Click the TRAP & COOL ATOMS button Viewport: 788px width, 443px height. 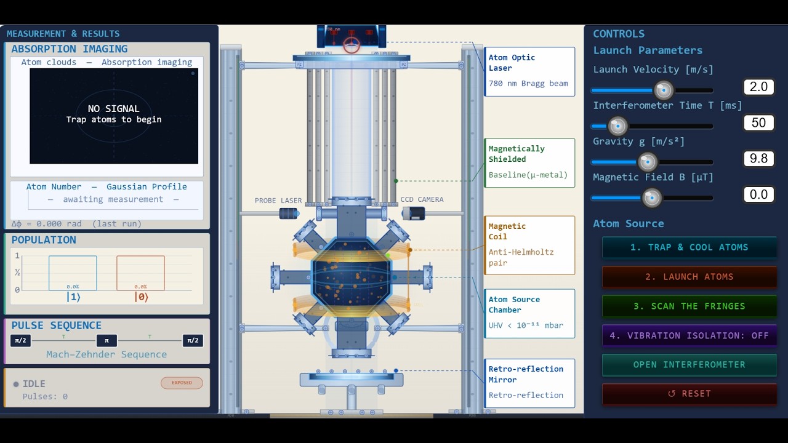coord(689,247)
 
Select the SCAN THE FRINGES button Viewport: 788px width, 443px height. coord(689,306)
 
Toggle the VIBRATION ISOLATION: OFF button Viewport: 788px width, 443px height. coord(689,335)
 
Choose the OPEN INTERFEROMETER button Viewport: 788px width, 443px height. coord(689,364)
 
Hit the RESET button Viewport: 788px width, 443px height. coord(689,394)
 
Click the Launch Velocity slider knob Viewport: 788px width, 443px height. coord(664,90)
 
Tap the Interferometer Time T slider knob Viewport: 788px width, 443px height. coord(617,126)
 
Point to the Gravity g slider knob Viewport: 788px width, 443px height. coord(647,162)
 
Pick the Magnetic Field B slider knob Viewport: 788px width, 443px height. coord(651,198)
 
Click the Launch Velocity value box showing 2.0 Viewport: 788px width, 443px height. coord(758,87)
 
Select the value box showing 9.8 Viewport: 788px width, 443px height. coord(758,159)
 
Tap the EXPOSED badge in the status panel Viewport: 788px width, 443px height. coord(182,383)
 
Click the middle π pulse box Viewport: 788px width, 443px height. coord(107,341)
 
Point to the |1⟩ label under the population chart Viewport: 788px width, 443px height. coord(73,297)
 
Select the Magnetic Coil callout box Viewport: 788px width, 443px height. coord(529,245)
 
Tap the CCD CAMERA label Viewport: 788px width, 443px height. coord(422,199)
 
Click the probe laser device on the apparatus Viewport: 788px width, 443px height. coord(289,214)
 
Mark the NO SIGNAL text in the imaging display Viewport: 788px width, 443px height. coord(114,109)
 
